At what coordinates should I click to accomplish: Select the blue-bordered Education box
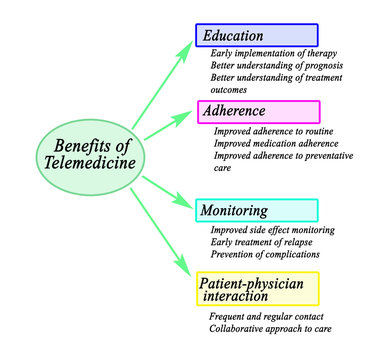click(x=257, y=35)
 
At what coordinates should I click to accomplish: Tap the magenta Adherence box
click(x=259, y=111)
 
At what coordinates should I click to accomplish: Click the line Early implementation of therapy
click(x=273, y=53)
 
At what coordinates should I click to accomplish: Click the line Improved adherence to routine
click(x=272, y=131)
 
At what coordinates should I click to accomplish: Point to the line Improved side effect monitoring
click(x=272, y=230)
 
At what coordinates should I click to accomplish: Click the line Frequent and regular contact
click(x=267, y=316)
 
